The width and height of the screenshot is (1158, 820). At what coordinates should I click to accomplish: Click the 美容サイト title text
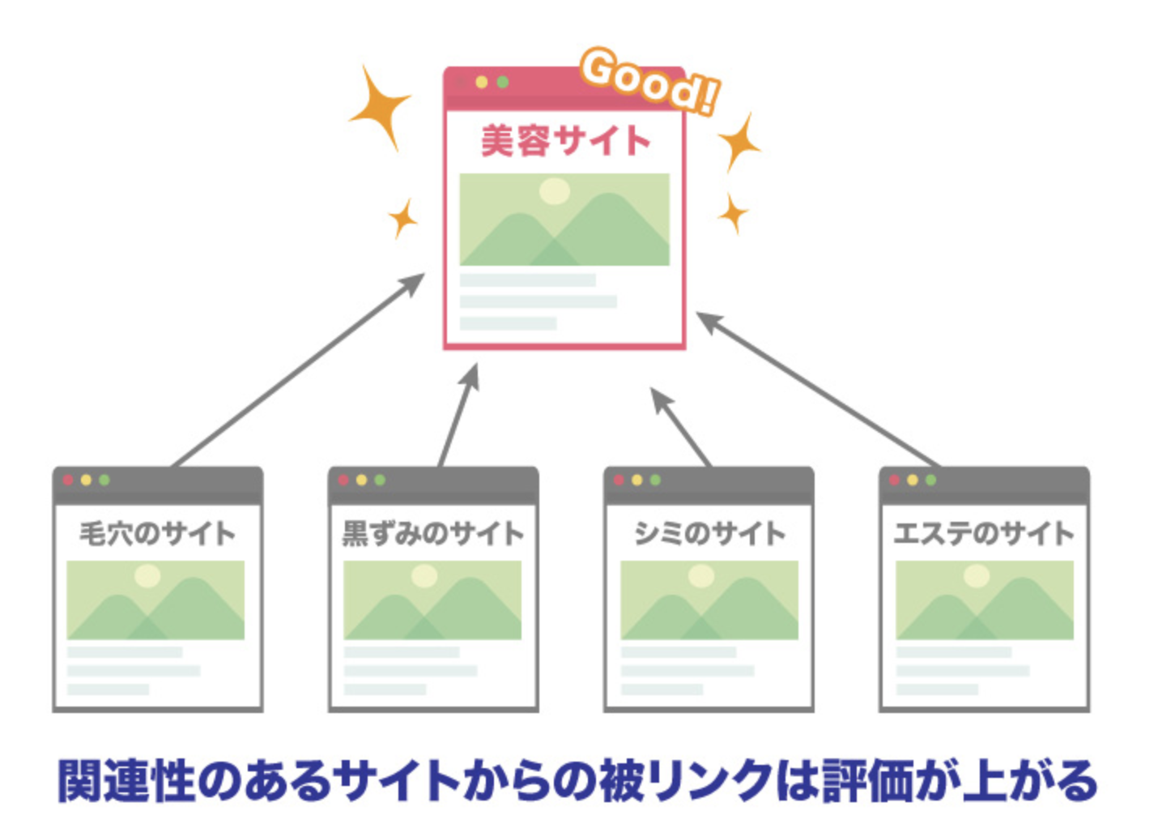pyautogui.click(x=564, y=141)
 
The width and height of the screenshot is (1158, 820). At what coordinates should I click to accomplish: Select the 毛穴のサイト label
pyautogui.click(x=157, y=533)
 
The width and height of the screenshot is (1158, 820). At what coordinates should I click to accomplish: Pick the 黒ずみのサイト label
pyautogui.click(x=432, y=533)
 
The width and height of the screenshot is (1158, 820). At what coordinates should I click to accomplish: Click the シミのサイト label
pyautogui.click(x=709, y=533)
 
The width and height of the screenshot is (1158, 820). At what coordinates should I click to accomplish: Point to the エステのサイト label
pyautogui.click(x=984, y=533)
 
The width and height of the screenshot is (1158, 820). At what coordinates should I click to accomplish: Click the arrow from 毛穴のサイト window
pyautogui.click(x=300, y=369)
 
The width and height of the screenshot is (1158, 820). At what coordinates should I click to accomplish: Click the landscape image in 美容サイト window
pyautogui.click(x=564, y=219)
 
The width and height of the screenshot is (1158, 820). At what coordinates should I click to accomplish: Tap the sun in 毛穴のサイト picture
pyautogui.click(x=147, y=575)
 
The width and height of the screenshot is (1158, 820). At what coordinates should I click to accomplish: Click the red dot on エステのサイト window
pyautogui.click(x=894, y=480)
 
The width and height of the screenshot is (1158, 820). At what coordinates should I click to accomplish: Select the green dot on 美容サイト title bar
pyautogui.click(x=503, y=82)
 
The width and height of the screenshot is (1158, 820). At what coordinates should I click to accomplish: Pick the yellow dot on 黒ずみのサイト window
pyautogui.click(x=361, y=480)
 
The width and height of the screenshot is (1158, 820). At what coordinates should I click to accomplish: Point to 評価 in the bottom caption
pyautogui.click(x=863, y=780)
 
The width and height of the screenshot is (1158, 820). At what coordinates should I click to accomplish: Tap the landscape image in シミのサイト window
pyautogui.click(x=709, y=600)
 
